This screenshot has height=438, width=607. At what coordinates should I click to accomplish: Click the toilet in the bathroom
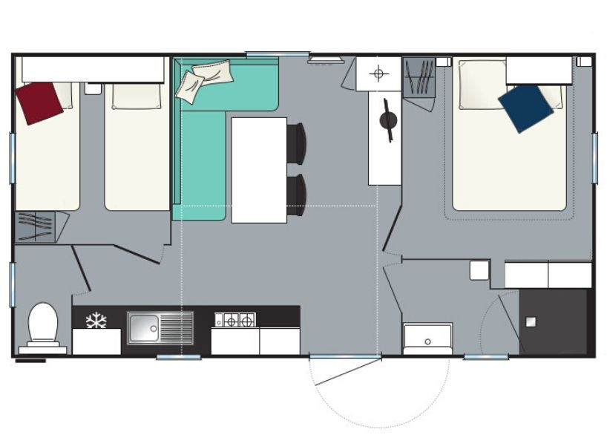click(x=43, y=324)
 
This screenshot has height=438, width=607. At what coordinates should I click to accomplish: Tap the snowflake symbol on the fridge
click(x=96, y=321)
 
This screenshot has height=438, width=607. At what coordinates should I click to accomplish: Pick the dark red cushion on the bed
click(x=39, y=102)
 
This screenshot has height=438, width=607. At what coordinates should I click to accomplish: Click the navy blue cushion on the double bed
click(x=525, y=108)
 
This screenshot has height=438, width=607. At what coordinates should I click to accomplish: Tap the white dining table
click(x=259, y=170)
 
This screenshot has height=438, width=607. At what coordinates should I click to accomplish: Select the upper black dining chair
click(x=297, y=143)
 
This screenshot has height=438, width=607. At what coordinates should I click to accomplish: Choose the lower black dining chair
click(x=297, y=194)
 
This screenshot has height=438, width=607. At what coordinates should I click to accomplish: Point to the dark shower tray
click(x=553, y=321)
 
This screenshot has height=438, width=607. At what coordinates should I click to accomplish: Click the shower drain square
click(x=531, y=321)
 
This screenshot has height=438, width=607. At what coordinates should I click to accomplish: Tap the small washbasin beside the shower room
click(x=427, y=339)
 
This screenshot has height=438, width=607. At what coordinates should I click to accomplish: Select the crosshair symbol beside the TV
click(x=378, y=73)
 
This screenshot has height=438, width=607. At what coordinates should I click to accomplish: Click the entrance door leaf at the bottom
click(x=345, y=370)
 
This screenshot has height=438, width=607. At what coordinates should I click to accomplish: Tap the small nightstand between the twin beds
click(x=93, y=88)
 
